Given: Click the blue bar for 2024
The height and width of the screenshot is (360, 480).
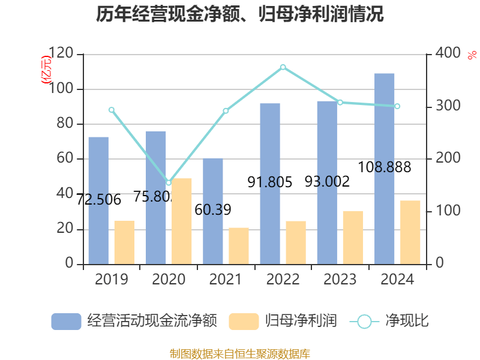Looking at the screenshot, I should tap(385, 169).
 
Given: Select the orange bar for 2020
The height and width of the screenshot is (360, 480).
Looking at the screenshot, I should tap(182, 221).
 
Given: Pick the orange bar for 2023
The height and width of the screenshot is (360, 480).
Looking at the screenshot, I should tap(353, 237).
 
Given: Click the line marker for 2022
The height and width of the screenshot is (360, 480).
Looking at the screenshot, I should tap(283, 67).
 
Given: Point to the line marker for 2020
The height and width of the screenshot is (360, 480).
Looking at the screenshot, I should tap(169, 182).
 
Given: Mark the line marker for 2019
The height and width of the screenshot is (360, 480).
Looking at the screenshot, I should tap(112, 110).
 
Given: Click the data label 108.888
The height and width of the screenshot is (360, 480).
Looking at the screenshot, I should tap(385, 167).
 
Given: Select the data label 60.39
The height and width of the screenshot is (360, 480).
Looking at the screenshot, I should tap(213, 210).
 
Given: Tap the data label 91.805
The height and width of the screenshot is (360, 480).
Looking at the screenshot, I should tap(270, 182).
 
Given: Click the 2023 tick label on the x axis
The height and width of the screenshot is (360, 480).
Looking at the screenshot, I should tap(340, 280).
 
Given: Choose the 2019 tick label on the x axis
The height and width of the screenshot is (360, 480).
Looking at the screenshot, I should tap(111, 280).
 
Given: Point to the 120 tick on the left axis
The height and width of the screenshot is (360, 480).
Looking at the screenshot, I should tap(62, 55).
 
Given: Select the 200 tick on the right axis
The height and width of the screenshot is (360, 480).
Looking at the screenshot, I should tap(444, 159).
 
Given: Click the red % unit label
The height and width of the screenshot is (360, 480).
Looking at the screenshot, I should tap(472, 56).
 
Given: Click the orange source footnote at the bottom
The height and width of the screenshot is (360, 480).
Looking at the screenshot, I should tap(240, 354).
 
